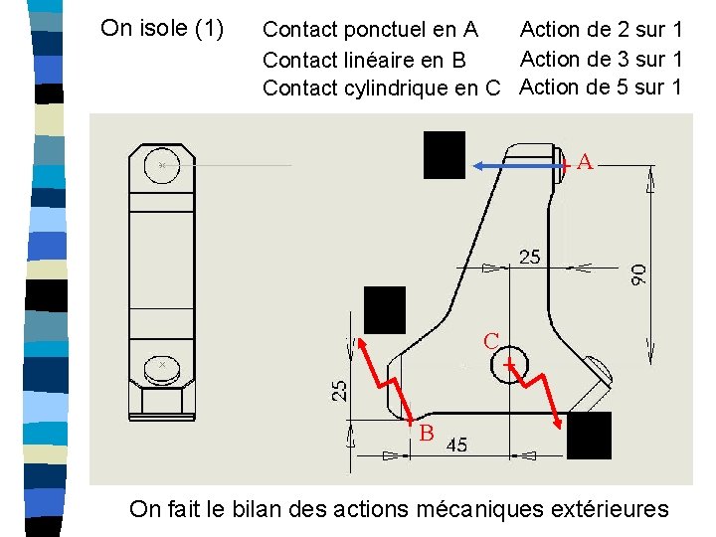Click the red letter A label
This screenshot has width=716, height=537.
(585, 162)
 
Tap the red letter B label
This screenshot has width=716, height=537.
(426, 433)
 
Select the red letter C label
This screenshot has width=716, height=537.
(491, 341)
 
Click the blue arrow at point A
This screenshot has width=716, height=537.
(519, 166)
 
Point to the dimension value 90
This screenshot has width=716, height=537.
(638, 274)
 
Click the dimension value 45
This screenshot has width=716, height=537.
(456, 445)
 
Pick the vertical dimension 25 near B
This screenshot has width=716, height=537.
(339, 391)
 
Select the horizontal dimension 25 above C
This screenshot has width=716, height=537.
(530, 258)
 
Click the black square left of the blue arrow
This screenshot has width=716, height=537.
(445, 155)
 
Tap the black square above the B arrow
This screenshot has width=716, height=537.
(385, 310)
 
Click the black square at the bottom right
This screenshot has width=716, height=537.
(589, 436)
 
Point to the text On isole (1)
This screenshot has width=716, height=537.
(162, 28)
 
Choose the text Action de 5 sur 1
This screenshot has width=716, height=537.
(601, 87)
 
